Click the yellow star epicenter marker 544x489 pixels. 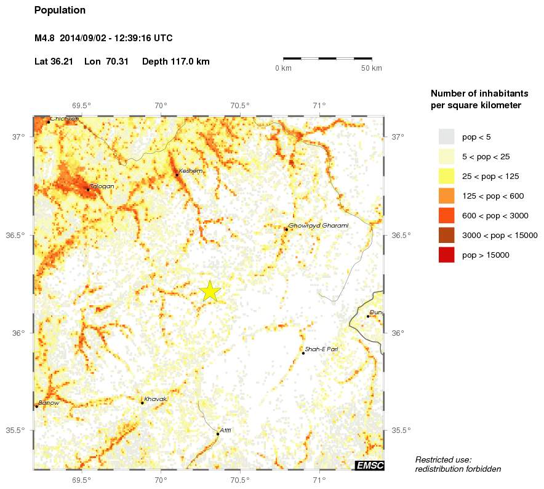(x=210, y=292)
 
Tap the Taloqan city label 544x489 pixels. (x=102, y=186)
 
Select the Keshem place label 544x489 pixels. (x=191, y=171)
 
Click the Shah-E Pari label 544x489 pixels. (x=321, y=349)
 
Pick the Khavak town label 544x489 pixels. (x=155, y=399)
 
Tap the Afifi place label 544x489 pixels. (x=225, y=430)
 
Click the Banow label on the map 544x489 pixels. (x=49, y=403)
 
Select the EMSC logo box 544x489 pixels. (x=370, y=466)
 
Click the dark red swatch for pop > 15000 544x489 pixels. (x=446, y=255)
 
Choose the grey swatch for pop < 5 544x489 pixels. (x=446, y=137)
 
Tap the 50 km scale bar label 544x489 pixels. (x=372, y=68)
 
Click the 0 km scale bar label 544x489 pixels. (x=283, y=68)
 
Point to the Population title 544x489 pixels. (x=60, y=10)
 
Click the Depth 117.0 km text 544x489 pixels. (x=176, y=62)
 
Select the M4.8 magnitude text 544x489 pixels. (x=45, y=38)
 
